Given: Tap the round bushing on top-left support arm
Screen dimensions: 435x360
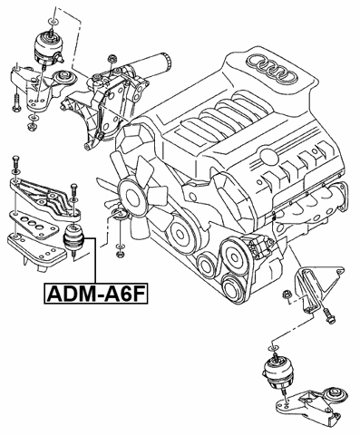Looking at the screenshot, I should (x=64, y=76).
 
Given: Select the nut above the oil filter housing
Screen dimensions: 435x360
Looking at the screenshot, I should (x=111, y=60).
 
